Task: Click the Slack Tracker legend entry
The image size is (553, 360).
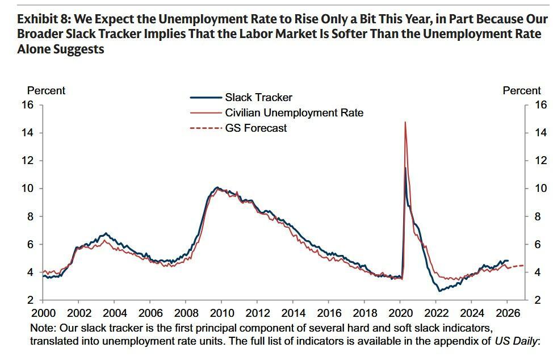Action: click(x=258, y=98)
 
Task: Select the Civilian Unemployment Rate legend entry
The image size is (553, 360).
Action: click(x=294, y=113)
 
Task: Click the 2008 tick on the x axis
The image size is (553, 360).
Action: click(x=187, y=313)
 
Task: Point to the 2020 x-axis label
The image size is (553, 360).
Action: click(x=401, y=313)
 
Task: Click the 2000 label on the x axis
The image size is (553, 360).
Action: click(x=43, y=313)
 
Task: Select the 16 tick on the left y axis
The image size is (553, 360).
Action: click(x=28, y=105)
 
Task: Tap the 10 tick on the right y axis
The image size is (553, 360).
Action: click(x=541, y=189)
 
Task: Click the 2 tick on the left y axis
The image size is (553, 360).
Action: click(x=31, y=300)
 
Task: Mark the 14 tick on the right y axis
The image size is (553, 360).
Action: click(x=541, y=133)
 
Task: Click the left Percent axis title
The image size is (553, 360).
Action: click(x=46, y=91)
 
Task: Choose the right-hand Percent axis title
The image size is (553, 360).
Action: click(x=522, y=91)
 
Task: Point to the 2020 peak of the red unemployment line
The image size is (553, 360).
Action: click(x=405, y=123)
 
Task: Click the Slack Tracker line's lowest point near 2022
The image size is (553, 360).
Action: click(x=439, y=291)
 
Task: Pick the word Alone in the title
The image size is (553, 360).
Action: click(x=33, y=49)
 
